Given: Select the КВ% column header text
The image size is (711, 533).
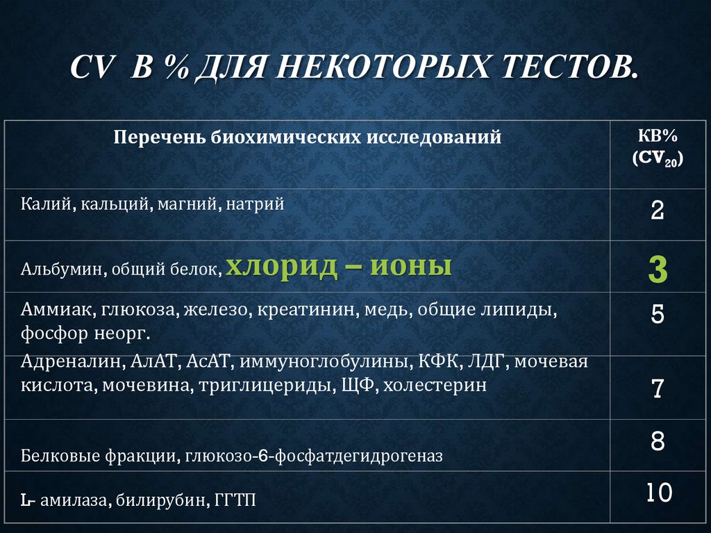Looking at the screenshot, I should click(657, 136).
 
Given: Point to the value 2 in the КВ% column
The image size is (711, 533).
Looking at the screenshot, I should click(657, 210).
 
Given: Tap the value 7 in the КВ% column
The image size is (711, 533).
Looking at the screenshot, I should click(658, 388).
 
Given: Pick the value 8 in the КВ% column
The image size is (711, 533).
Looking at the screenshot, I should click(658, 442).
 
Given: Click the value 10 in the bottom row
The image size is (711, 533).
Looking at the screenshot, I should click(658, 493).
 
